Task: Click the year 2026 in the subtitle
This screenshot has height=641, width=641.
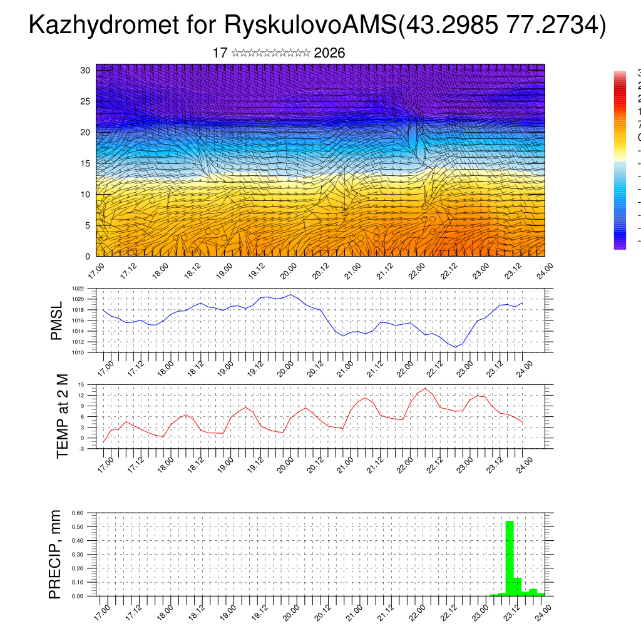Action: [x=329, y=53]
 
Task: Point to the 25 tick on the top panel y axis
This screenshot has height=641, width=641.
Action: [x=86, y=101]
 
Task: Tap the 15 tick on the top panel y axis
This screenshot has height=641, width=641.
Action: [x=86, y=163]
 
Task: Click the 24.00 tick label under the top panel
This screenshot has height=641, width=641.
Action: [x=544, y=270]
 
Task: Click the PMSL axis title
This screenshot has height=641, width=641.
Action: [x=57, y=320]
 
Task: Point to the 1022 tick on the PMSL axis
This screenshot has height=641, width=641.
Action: [x=78, y=289]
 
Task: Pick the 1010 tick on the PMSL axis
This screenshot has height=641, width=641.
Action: [x=78, y=352]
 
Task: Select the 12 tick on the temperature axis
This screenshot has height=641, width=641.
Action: [x=81, y=395]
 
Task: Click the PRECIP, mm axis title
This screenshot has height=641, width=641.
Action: [x=56, y=554]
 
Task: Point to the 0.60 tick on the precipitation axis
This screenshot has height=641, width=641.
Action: [x=77, y=513]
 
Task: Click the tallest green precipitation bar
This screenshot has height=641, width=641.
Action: [x=510, y=557]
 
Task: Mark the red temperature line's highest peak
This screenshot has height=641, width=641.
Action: [x=425, y=388]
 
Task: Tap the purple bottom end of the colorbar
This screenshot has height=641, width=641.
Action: [x=620, y=246]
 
